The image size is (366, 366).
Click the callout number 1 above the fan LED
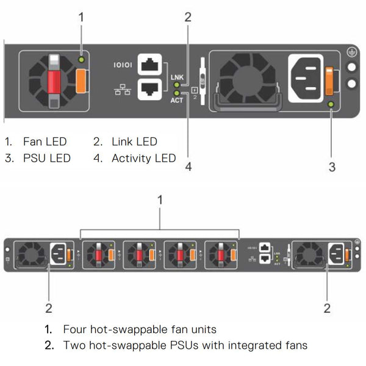click(81, 17)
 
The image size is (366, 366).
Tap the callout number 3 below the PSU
click(332, 167)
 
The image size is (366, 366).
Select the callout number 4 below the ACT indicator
click(188, 167)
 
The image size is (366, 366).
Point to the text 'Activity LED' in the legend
click(144, 159)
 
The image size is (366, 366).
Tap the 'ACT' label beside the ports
click(178, 99)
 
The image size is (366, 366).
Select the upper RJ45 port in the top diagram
click(149, 65)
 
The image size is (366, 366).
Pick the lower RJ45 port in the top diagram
click(149, 89)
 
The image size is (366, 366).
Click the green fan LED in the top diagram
click(81, 60)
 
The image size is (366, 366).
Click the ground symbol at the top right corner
click(352, 52)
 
